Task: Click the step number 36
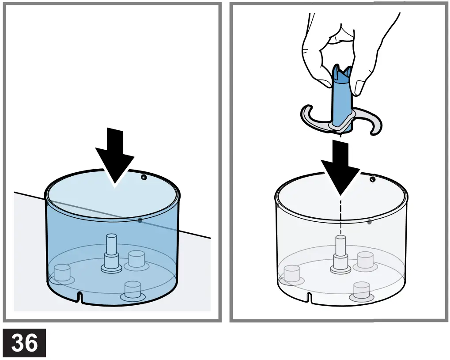[x=24, y=343]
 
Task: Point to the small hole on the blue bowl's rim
[x=144, y=177]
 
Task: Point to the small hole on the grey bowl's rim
[x=373, y=179]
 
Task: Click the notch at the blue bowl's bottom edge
[x=80, y=297]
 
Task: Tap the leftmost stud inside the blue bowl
[x=62, y=272]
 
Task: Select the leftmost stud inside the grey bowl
[x=292, y=274]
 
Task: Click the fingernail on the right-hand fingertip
[x=359, y=87]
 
